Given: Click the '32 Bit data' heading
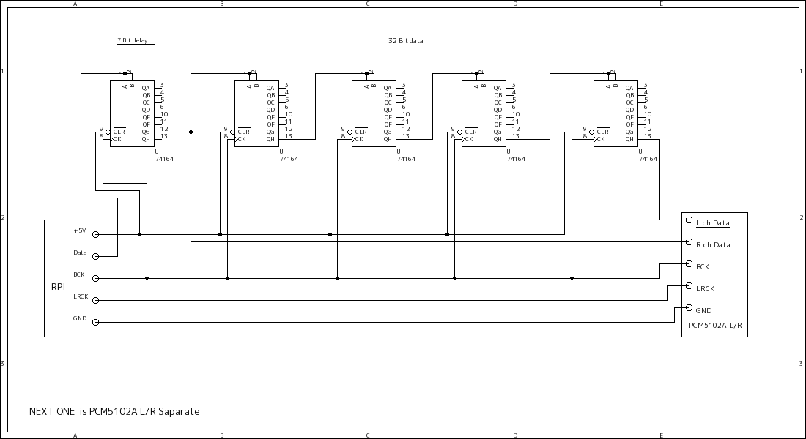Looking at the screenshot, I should [405, 41].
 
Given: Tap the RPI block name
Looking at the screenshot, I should [58, 287].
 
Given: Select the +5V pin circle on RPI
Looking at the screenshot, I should [95, 235].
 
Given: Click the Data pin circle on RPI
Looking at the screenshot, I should [95, 257].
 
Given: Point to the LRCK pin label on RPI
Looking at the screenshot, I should [81, 296].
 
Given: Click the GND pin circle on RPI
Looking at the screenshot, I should [95, 322].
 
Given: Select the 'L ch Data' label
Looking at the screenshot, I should [712, 223].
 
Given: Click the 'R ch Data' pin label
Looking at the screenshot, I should [712, 245].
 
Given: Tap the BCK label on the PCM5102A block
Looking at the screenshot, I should [702, 267].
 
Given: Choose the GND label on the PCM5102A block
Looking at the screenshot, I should [703, 311].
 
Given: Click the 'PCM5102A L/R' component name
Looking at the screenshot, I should [715, 325].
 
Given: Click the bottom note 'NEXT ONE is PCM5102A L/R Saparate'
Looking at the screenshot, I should [114, 412].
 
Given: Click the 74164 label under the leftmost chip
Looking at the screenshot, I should [165, 159].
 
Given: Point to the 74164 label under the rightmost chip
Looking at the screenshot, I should [648, 159].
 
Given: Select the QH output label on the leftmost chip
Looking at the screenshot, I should [146, 138].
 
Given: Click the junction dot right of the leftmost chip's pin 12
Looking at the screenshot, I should [191, 132].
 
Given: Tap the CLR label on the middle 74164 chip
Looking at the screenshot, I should [361, 132].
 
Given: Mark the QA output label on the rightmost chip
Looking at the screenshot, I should [629, 87].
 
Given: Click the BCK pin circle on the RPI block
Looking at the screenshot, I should [95, 278].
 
